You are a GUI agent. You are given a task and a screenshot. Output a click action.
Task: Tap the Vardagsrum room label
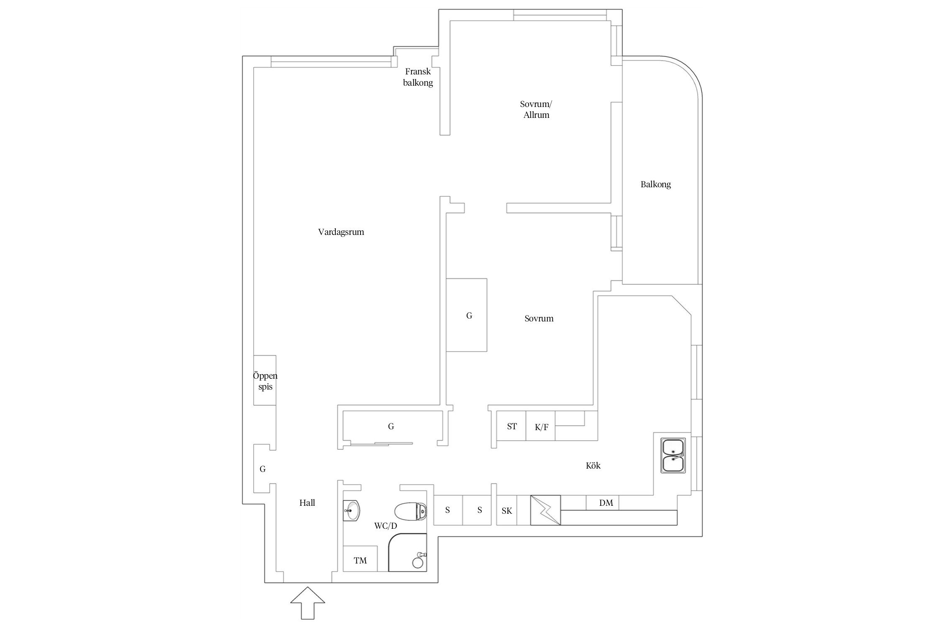pyautogui.click(x=341, y=232)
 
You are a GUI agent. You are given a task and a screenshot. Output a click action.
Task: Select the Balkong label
pyautogui.click(x=655, y=184)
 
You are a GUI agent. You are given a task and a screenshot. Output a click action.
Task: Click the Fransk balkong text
pyautogui.click(x=418, y=77)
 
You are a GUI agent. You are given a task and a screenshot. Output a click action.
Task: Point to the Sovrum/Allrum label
pyautogui.click(x=536, y=110)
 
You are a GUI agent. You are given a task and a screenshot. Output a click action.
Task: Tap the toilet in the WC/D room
pyautogui.click(x=411, y=511)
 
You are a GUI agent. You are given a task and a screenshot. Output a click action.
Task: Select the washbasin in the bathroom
pyautogui.click(x=352, y=510)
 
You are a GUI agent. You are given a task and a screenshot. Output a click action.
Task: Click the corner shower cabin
pyautogui.click(x=408, y=553)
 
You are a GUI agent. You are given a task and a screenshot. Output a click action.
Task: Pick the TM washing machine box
pyautogui.click(x=360, y=561)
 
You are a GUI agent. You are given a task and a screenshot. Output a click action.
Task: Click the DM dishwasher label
pyautogui.click(x=606, y=503)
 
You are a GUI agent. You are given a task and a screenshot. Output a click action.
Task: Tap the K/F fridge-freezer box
pyautogui.click(x=541, y=427)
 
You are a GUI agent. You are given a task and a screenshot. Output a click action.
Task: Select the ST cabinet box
pyautogui.click(x=511, y=426)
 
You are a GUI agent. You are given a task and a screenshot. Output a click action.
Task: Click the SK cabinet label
pyautogui.click(x=506, y=511)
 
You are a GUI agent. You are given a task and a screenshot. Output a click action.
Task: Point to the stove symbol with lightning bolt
pyautogui.click(x=545, y=510)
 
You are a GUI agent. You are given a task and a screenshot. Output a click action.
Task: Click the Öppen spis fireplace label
pyautogui.click(x=265, y=381)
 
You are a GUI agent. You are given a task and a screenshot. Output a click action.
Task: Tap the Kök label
pyautogui.click(x=593, y=466)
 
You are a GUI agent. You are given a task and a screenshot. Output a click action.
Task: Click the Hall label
pyautogui.click(x=307, y=503)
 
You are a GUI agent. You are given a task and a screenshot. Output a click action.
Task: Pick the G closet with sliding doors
pyautogui.click(x=391, y=426)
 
